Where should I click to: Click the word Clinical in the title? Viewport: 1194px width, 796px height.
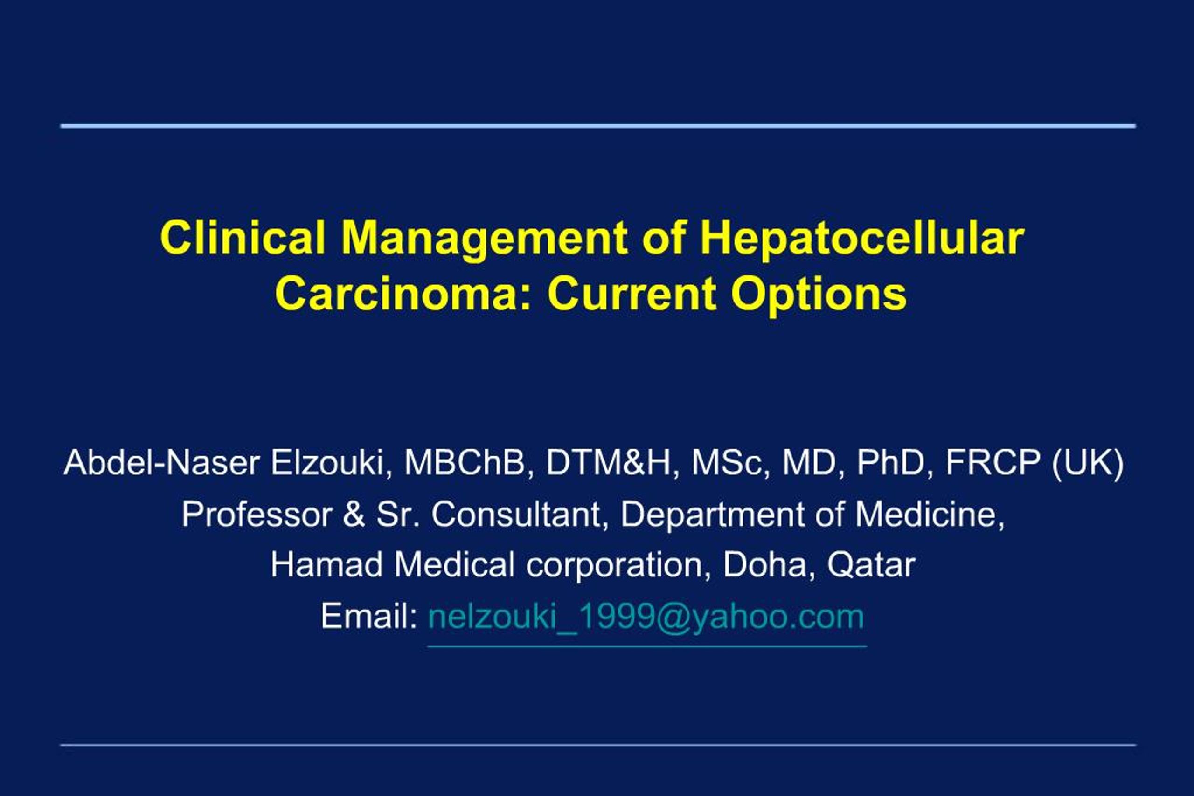pos(243,238)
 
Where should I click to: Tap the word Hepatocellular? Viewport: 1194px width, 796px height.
pos(862,238)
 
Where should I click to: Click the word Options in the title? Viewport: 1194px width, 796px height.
pos(819,295)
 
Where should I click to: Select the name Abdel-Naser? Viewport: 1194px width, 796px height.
pos(161,463)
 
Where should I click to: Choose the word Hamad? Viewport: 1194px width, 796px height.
pos(326,564)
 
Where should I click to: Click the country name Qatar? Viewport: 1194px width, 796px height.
pos(871,565)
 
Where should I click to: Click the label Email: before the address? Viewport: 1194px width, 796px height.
pos(369,616)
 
